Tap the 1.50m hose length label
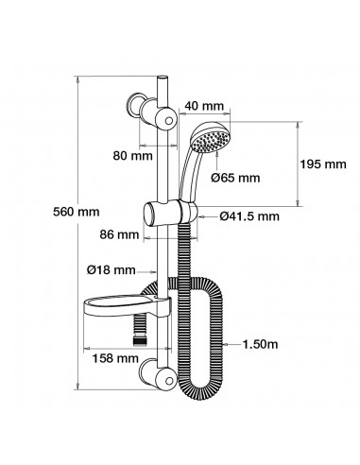[x=261, y=344]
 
